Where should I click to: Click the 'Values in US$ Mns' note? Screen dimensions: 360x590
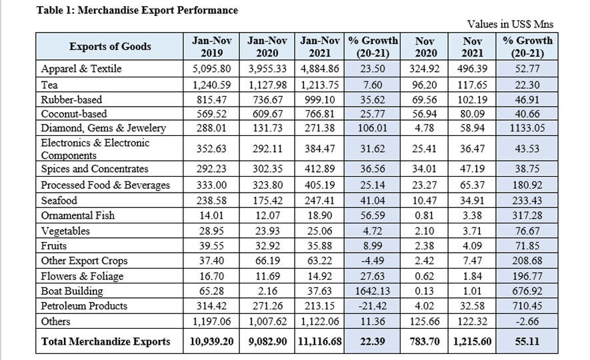(510, 25)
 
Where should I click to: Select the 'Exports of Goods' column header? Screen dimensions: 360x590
(110, 47)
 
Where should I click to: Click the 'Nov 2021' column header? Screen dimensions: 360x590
(472, 47)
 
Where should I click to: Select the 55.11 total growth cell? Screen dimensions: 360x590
(528, 341)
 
